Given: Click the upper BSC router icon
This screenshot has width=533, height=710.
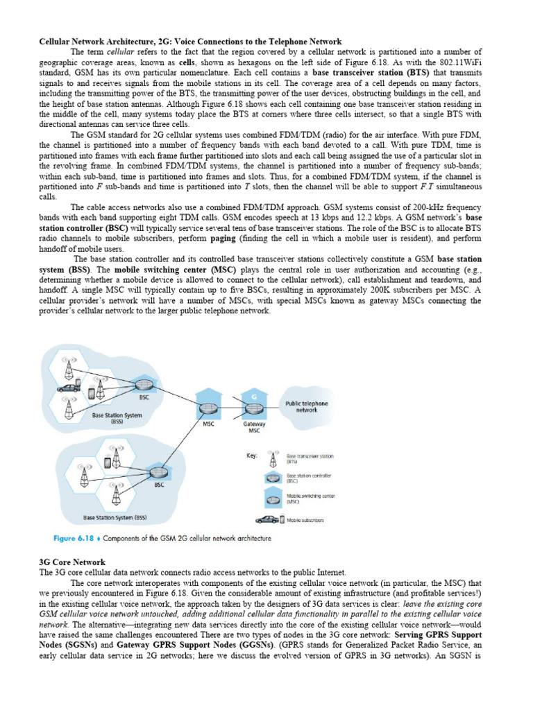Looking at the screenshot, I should pos(144,385).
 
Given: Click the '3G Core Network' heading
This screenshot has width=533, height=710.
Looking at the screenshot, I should pos(72,562).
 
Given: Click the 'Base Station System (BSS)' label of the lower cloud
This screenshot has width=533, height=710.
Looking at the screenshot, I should pos(115,517).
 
